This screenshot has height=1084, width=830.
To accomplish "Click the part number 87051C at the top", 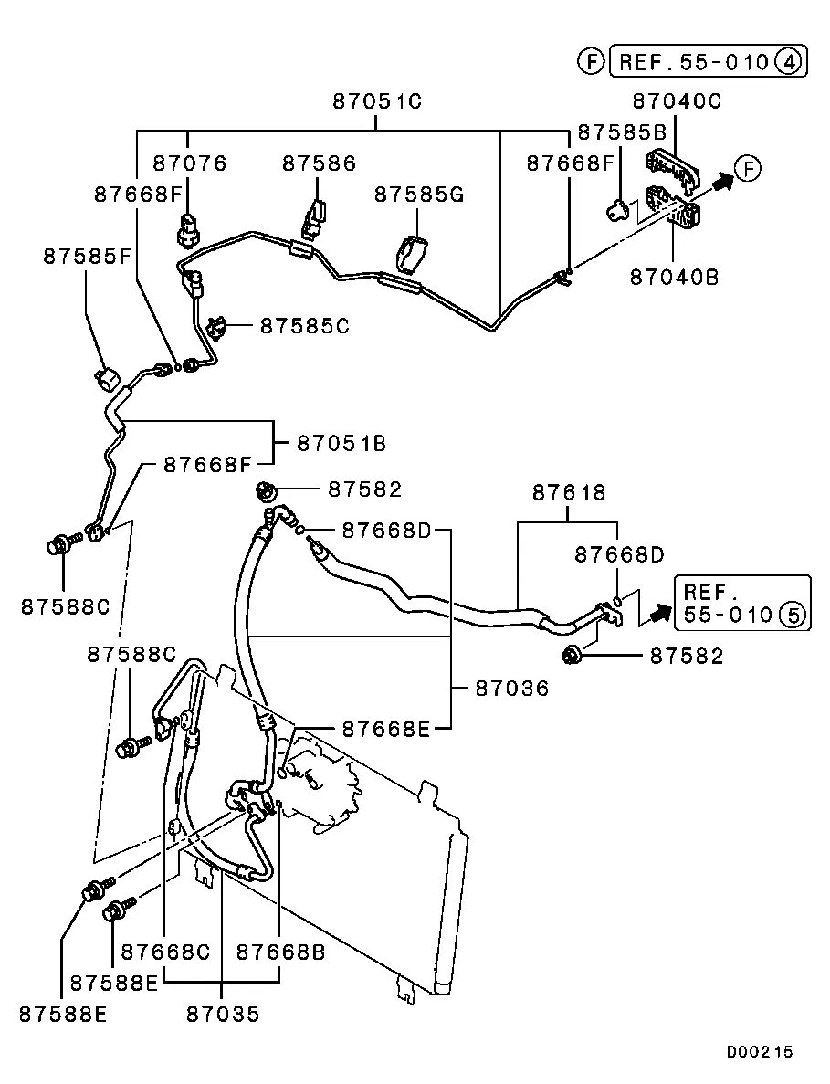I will [377, 102].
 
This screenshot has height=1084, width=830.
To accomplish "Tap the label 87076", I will [189, 164].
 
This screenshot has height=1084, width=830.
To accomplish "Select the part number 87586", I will [319, 164].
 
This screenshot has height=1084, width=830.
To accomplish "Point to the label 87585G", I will [420, 195].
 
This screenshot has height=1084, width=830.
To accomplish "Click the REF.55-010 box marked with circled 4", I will [709, 62].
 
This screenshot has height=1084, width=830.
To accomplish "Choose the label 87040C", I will [676, 101].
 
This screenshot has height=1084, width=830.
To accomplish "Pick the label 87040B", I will [673, 276].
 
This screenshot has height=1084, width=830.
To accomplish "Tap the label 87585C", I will [305, 325].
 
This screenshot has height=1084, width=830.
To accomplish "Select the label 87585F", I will [88, 258].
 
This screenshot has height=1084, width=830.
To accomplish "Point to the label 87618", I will [569, 493].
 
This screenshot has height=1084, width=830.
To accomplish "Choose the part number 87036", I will [512, 689].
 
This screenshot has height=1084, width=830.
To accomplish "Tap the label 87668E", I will [385, 729].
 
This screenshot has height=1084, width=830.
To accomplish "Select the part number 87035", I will [223, 1014].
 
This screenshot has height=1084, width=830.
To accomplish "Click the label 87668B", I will [280, 952].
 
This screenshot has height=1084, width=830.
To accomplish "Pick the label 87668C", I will [165, 952].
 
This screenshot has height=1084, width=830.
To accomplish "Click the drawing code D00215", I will [760, 1052].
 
